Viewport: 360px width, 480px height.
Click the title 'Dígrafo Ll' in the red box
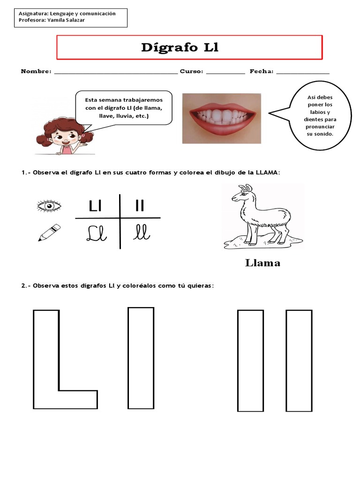click(180, 48)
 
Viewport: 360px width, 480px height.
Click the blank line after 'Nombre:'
click(116, 72)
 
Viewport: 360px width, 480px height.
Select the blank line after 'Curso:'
click(225, 72)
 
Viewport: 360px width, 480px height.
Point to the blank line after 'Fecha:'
click(302, 72)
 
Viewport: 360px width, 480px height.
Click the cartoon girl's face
click(62, 136)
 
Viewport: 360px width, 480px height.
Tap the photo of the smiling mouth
click(221, 118)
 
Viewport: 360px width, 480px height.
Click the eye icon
click(49, 206)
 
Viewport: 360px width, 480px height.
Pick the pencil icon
click(49, 232)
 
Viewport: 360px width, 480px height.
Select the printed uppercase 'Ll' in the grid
click(95, 206)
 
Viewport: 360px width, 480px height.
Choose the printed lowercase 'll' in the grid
click(140, 206)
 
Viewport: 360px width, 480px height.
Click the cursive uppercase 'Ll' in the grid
click(97, 233)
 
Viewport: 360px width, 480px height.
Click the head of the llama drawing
click(243, 193)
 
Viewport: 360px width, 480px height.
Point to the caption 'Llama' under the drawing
click(262, 263)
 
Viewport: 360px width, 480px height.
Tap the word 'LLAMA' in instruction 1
click(267, 172)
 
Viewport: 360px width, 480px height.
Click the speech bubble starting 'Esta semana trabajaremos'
click(124, 108)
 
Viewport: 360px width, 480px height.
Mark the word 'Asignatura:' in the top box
click(34, 14)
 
